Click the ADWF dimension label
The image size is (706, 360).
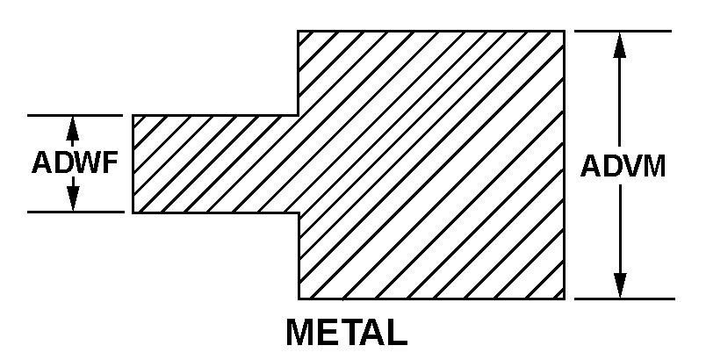pyautogui.click(x=75, y=162)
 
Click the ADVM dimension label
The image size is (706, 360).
pyautogui.click(x=623, y=167)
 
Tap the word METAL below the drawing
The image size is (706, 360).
pyautogui.click(x=347, y=333)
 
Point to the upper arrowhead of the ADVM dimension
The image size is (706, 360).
pyautogui.click(x=620, y=45)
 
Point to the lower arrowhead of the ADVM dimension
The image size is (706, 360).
pyautogui.click(x=620, y=285)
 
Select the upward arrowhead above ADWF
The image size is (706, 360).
pyautogui.click(x=73, y=128)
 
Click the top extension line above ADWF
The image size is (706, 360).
pyautogui.click(x=76, y=116)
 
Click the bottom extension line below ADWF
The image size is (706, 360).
pyautogui.click(x=76, y=212)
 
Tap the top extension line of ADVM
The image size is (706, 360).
pyautogui.click(x=623, y=31)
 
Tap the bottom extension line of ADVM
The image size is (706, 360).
pyautogui.click(x=625, y=299)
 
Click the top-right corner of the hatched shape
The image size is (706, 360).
pyautogui.click(x=565, y=31)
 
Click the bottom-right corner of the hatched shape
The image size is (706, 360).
pyautogui.click(x=565, y=299)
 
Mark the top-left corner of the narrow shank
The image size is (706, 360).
pyautogui.click(x=133, y=116)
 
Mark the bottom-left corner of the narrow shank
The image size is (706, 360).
pyautogui.click(x=133, y=212)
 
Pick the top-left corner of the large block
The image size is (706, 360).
pyautogui.click(x=298, y=31)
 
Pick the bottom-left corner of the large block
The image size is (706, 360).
pyautogui.click(x=299, y=299)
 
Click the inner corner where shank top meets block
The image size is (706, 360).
pyautogui.click(x=298, y=116)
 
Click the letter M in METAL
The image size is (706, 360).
pyautogui.click(x=301, y=333)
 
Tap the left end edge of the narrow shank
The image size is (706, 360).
pyautogui.click(x=133, y=164)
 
